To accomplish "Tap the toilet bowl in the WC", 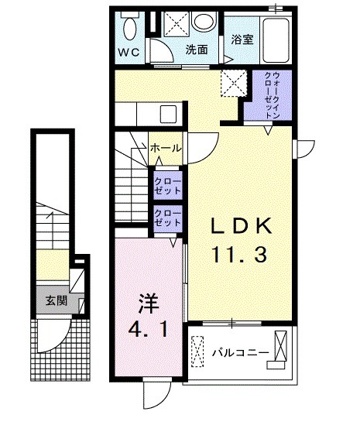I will click(129, 28).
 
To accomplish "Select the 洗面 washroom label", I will click(196, 50).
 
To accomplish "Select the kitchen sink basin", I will click(170, 115).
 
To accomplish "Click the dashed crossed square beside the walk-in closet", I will click(231, 81).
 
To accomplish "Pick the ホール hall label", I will click(166, 148).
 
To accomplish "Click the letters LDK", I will click(241, 227).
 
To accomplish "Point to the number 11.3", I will click(241, 253).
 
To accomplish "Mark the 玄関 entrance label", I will click(55, 300).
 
